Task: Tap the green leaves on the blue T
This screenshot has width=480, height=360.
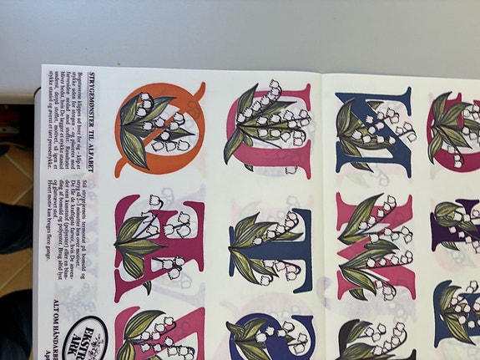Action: click(250, 246)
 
